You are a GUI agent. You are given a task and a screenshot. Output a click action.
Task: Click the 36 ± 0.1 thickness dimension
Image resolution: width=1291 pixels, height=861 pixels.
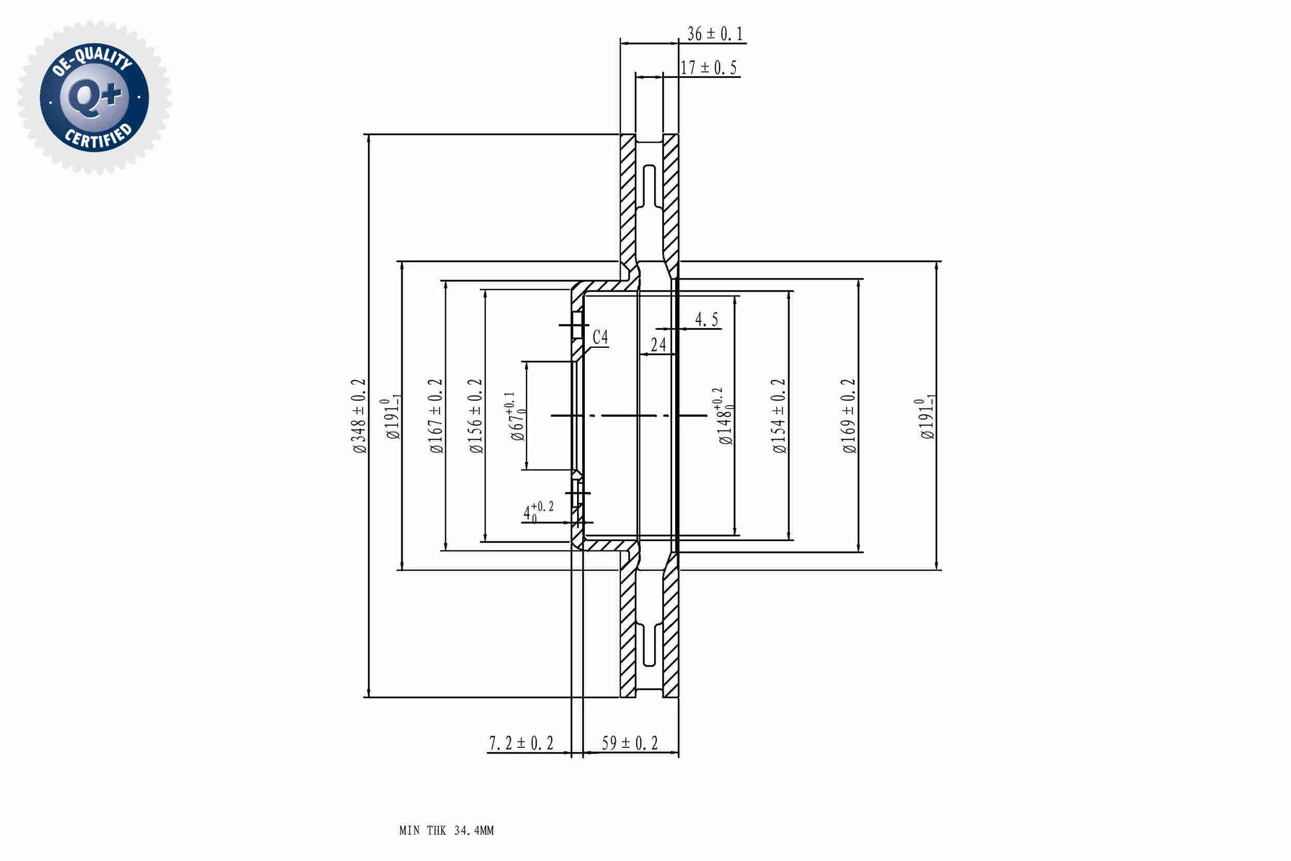click(714, 34)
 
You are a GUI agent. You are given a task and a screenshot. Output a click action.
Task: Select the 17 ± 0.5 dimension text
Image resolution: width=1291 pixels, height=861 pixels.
click(708, 68)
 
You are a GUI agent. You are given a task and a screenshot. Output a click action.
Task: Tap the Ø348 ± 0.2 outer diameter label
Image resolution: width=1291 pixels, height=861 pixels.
click(359, 416)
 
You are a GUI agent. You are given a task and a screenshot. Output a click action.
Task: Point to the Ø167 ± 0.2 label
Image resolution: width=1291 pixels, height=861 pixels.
click(436, 416)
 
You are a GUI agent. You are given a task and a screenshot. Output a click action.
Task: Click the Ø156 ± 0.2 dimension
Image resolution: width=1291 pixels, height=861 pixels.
click(475, 416)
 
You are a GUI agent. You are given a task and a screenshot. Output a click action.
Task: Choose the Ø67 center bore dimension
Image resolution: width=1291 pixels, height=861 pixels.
click(517, 416)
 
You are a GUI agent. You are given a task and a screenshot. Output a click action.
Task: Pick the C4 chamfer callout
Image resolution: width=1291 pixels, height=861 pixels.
click(600, 336)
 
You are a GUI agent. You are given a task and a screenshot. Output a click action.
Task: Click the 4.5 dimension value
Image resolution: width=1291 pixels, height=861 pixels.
click(706, 319)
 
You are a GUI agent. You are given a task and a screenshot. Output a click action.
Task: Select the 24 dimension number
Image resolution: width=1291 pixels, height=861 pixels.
click(658, 344)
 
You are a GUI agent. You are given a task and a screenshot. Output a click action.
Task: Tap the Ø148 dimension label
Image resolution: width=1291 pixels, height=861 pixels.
click(724, 416)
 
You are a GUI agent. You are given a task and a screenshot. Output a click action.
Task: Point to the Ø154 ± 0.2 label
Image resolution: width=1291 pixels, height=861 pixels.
click(779, 416)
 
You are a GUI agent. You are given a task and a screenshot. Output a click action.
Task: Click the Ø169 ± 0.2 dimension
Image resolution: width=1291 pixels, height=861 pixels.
click(849, 416)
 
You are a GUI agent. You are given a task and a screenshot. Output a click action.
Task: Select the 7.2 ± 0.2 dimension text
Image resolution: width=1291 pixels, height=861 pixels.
click(521, 743)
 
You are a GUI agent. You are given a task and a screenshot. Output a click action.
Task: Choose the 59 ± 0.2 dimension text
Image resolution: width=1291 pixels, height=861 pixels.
click(630, 743)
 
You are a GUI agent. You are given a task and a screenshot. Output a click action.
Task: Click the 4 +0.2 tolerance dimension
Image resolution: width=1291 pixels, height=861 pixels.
click(538, 511)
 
